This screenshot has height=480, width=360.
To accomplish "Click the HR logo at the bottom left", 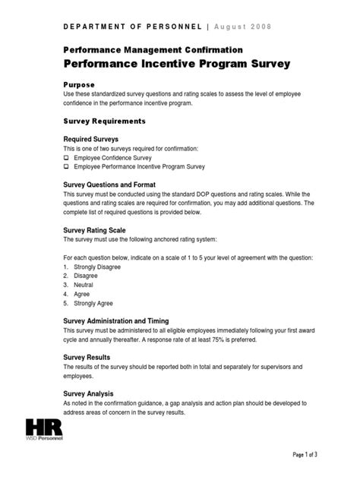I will (44, 429).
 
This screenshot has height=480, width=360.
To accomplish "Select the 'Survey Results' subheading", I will (87, 357).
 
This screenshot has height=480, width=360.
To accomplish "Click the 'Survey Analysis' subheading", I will (89, 393).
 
